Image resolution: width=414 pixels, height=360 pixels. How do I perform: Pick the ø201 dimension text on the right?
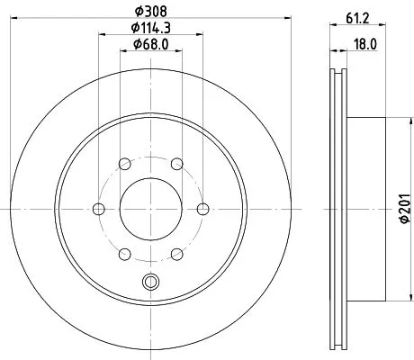(x=402, y=212)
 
